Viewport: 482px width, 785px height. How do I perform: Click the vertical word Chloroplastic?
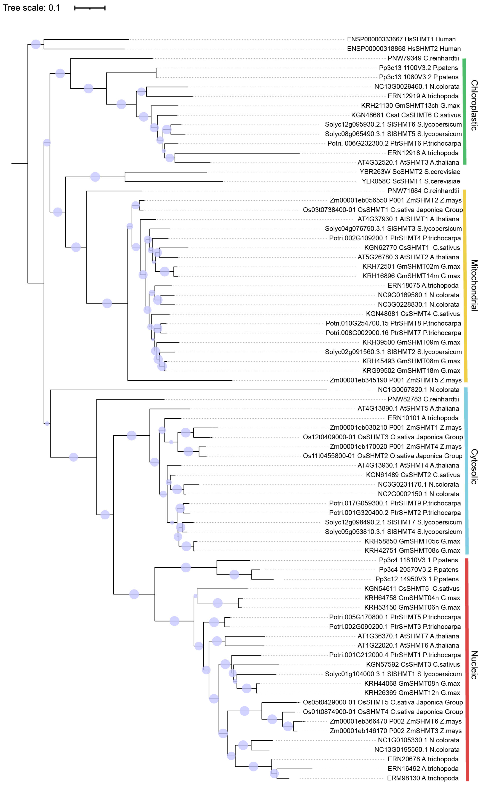[x=474, y=105]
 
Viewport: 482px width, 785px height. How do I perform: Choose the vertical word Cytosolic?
[x=474, y=467]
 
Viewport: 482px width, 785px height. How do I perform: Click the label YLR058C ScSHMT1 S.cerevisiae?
[x=411, y=181]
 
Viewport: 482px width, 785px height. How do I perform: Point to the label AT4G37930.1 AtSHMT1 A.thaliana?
[x=408, y=219]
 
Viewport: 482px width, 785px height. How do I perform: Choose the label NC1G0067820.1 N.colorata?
[x=418, y=390]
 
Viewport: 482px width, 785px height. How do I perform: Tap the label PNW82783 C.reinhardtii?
[x=423, y=399]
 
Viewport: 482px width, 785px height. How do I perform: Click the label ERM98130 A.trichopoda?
[x=423, y=778]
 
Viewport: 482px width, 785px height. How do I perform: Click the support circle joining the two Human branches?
[x=36, y=44]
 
